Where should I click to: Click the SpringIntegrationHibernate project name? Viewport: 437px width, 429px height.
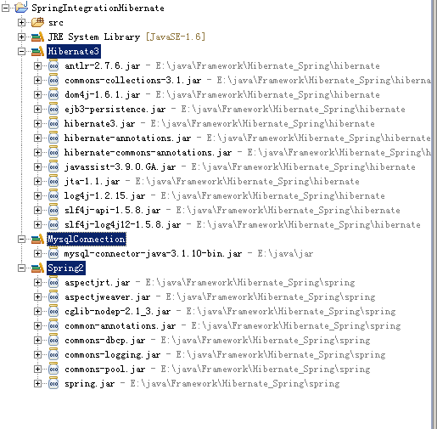tap(98, 8)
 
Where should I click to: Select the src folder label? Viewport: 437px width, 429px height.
tap(56, 22)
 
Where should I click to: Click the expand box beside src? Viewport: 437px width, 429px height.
tap(21, 22)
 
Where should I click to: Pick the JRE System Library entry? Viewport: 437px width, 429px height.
tap(94, 37)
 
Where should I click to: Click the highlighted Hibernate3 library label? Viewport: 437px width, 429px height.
tap(74, 51)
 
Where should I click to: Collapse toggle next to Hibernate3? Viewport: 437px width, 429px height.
tap(21, 51)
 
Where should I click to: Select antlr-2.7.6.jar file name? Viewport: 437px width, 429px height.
tap(102, 66)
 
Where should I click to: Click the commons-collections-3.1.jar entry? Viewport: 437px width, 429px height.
tap(133, 81)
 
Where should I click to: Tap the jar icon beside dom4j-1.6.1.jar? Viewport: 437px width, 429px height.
tap(53, 94)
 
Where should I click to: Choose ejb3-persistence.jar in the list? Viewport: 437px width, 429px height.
tap(115, 110)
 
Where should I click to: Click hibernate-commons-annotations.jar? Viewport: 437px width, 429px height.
tap(148, 153)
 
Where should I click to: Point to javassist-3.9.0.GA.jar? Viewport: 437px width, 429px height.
tap(120, 167)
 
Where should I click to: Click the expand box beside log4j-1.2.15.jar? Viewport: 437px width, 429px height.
tap(37, 195)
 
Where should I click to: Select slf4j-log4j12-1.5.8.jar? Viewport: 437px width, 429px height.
tap(122, 225)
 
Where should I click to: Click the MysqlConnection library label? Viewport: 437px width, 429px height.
tap(87, 240)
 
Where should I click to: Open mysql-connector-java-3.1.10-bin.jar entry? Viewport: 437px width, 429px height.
tap(153, 254)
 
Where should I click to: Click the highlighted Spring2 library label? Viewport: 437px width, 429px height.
tap(66, 268)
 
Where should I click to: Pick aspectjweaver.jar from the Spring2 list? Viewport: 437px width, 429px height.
tap(107, 297)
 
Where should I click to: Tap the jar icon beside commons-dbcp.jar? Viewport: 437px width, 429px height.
tap(53, 340)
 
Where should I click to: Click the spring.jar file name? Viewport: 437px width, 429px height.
tap(89, 384)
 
